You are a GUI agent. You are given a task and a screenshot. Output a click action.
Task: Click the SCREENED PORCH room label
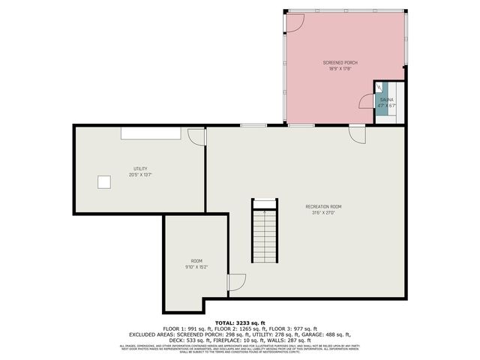tap(340, 63)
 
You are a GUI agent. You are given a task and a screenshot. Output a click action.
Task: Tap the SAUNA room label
tap(386, 99)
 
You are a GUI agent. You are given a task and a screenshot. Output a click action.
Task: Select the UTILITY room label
tap(140, 169)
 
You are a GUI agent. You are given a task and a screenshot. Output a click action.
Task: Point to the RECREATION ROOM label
tap(323, 206)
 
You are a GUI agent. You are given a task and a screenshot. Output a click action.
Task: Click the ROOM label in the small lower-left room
tap(196, 260)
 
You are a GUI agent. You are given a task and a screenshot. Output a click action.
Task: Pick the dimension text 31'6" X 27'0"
tap(323, 212)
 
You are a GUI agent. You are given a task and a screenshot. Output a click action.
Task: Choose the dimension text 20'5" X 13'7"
tap(140, 175)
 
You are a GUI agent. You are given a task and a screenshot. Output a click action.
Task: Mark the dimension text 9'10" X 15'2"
tap(196, 266)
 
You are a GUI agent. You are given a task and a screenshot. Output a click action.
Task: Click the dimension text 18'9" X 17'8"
tap(340, 69)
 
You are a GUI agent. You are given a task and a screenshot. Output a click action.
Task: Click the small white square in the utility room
tap(103, 181)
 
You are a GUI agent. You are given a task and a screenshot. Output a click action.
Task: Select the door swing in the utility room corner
tap(196, 136)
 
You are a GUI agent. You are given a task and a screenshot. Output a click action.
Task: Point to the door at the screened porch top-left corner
tap(294, 22)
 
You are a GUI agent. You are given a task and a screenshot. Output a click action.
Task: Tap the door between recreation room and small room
tap(236, 283)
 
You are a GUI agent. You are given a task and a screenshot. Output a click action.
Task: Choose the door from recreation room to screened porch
tap(358, 133)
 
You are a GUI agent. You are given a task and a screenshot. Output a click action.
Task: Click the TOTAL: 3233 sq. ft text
tap(239, 323)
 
